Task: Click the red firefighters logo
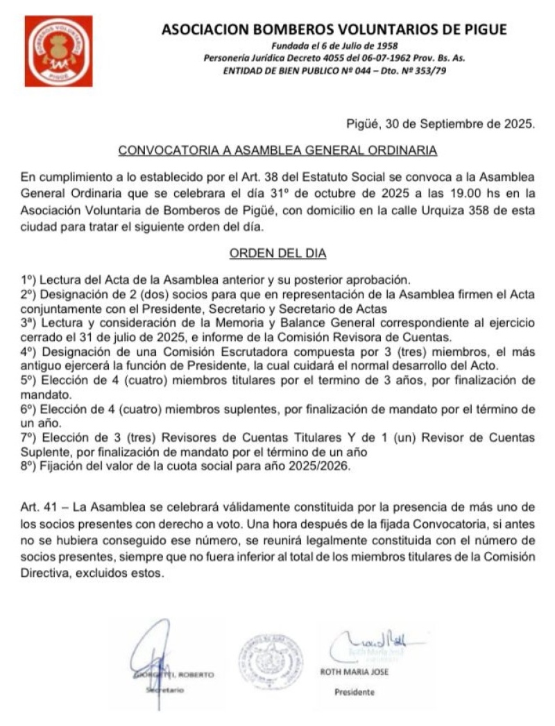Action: tap(58, 51)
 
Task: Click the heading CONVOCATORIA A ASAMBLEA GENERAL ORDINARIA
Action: tap(277, 150)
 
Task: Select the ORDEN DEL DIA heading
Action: tap(277, 254)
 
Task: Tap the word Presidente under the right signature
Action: tap(355, 692)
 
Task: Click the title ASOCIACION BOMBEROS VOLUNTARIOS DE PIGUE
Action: tap(334, 29)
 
